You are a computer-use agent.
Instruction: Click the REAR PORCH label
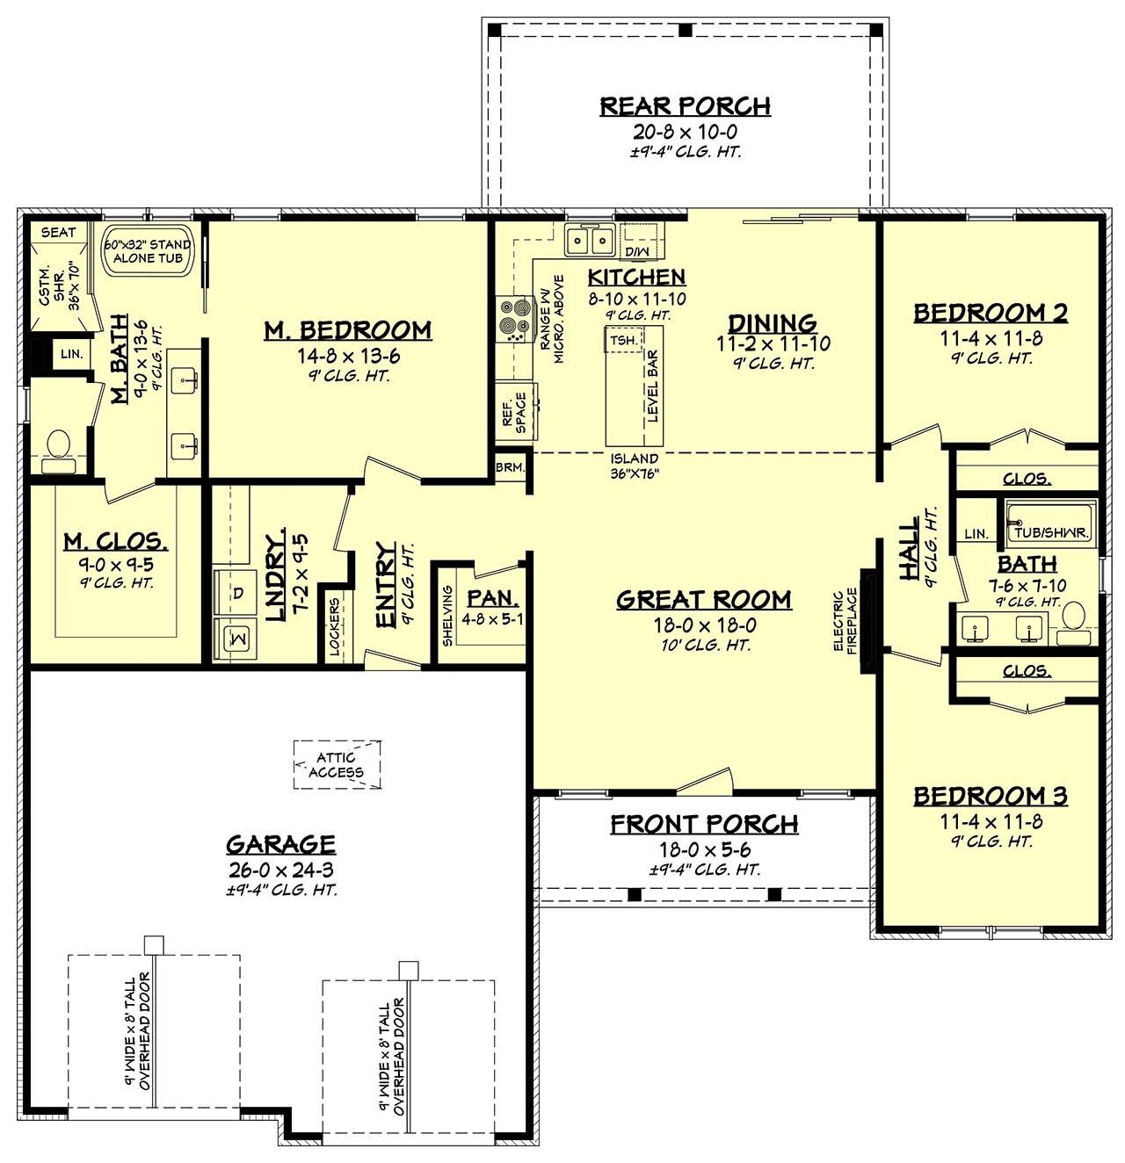pyautogui.click(x=685, y=106)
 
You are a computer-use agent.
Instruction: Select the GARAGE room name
pyautogui.click(x=280, y=844)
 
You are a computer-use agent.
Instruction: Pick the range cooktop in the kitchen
pyautogui.click(x=513, y=320)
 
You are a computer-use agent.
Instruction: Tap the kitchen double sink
pyautogui.click(x=589, y=239)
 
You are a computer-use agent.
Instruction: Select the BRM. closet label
pyautogui.click(x=509, y=466)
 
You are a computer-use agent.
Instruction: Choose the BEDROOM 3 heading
pyautogui.click(x=990, y=796)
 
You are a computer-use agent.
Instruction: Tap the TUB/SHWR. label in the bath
pyautogui.click(x=1051, y=532)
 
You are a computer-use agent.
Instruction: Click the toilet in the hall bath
pyautogui.click(x=1073, y=616)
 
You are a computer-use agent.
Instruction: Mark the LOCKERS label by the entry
pyautogui.click(x=334, y=628)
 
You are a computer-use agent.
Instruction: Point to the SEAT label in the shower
pyautogui.click(x=59, y=233)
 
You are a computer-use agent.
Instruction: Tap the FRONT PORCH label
pyautogui.click(x=704, y=824)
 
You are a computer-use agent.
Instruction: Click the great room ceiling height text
pyautogui.click(x=704, y=645)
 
